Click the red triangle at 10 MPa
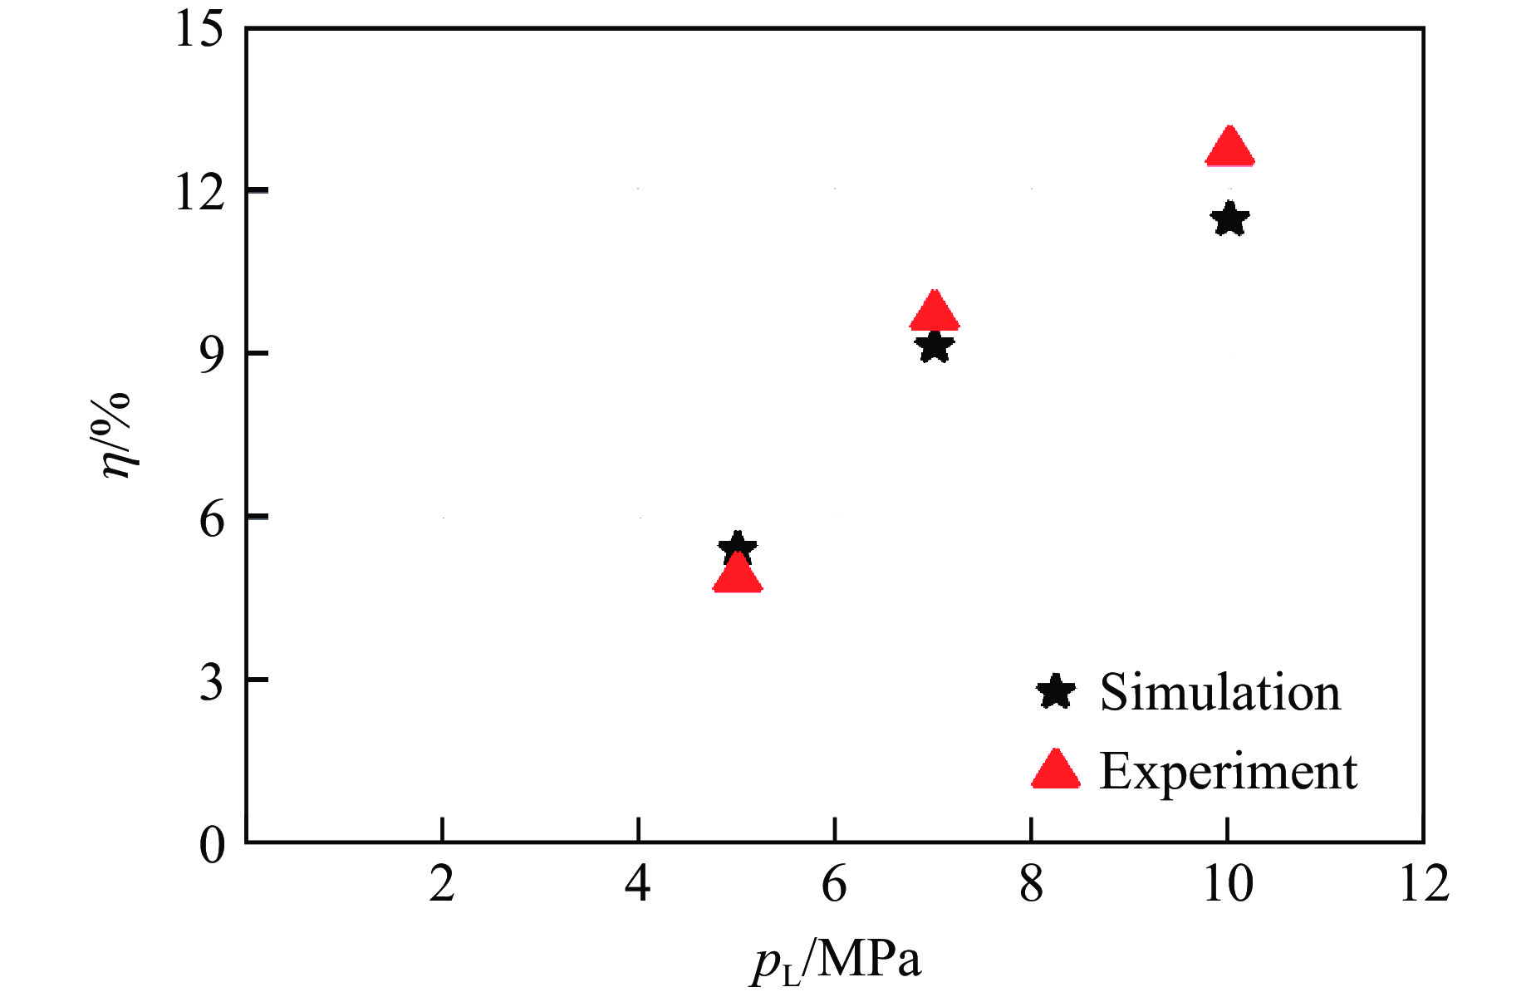[x=1229, y=150]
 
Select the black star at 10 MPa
[x=1229, y=220]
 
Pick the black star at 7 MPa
[x=935, y=347]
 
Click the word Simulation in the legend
[x=1219, y=692]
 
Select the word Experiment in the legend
[x=1228, y=771]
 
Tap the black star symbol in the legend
[x=1056, y=691]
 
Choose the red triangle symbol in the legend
[x=1056, y=771]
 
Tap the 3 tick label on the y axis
[x=212, y=682]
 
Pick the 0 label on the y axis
[x=212, y=845]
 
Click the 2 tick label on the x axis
[x=442, y=884]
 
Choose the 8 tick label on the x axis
[x=1031, y=884]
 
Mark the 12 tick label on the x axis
[x=1424, y=884]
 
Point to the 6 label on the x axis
[x=834, y=884]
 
